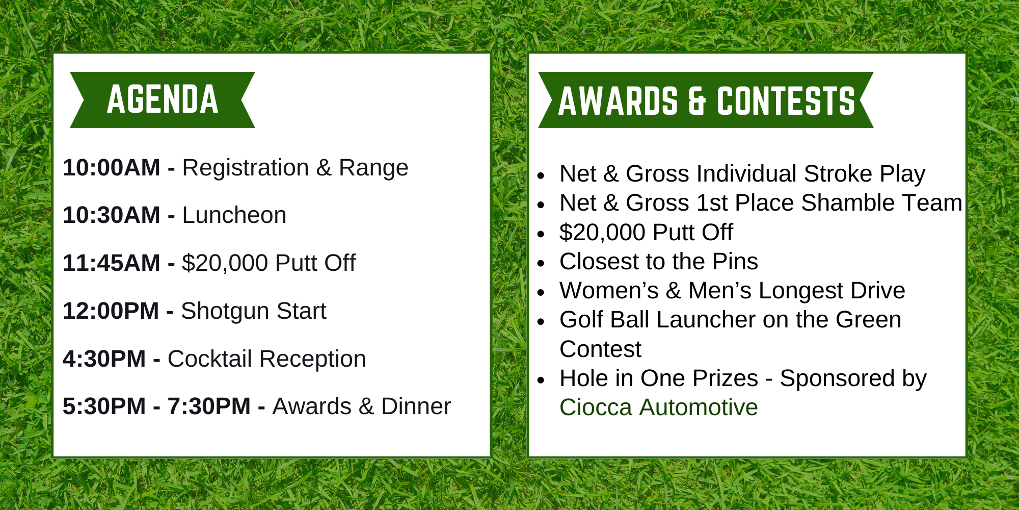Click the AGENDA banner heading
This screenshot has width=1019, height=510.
[163, 99]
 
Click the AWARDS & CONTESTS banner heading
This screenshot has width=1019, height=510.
[706, 100]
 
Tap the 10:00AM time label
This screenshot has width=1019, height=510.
[112, 168]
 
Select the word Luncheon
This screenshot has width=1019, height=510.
[234, 215]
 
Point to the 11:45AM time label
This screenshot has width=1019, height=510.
[112, 263]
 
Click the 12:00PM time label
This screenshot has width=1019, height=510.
[111, 311]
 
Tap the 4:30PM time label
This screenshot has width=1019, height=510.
[104, 359]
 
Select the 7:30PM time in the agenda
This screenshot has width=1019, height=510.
[209, 406]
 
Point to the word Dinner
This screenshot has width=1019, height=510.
[416, 406]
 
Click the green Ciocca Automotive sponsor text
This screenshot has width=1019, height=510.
[659, 407]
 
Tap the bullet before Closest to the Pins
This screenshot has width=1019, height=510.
[541, 263]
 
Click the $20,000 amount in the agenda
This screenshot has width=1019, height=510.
[225, 263]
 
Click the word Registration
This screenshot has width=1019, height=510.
[246, 168]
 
